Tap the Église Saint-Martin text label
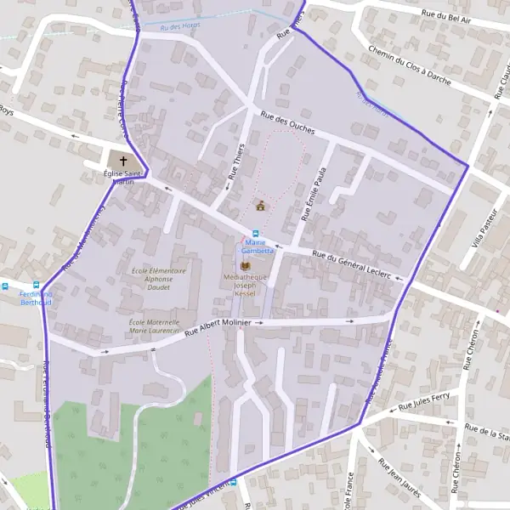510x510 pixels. click(x=120, y=178)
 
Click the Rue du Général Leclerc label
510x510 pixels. click(x=351, y=263)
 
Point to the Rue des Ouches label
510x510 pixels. click(x=288, y=124)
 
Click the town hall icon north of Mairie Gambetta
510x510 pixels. click(x=261, y=206)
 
